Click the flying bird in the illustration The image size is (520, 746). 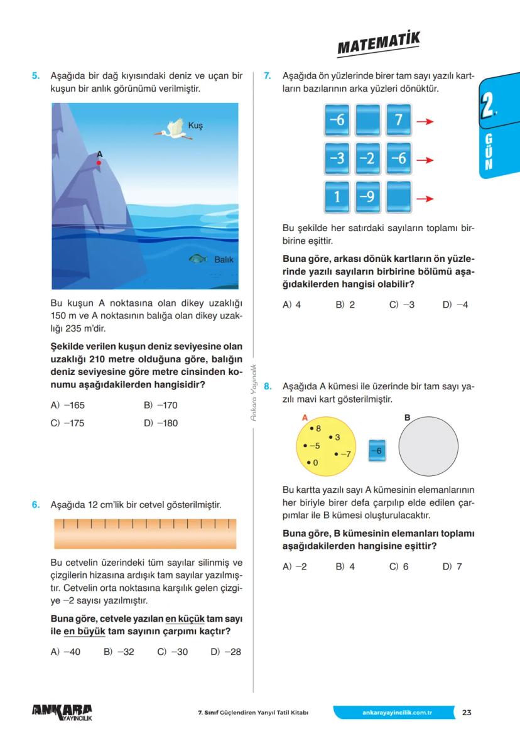(x=174, y=129)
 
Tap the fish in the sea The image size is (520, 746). (x=198, y=259)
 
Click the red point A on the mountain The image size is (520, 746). (x=99, y=163)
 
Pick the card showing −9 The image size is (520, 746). (x=367, y=197)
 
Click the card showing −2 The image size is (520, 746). (x=367, y=159)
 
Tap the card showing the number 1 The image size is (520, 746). (x=337, y=197)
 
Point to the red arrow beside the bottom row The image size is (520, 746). (x=425, y=199)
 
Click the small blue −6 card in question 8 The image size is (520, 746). (x=377, y=450)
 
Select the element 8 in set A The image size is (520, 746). (x=316, y=428)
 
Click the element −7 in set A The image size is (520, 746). (x=343, y=453)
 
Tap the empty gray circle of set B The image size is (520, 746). (x=428, y=446)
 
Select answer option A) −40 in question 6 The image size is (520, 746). (x=65, y=652)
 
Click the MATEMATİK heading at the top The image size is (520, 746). (x=378, y=45)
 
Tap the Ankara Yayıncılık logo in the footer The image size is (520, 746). (x=62, y=713)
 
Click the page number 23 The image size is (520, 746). (x=467, y=713)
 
